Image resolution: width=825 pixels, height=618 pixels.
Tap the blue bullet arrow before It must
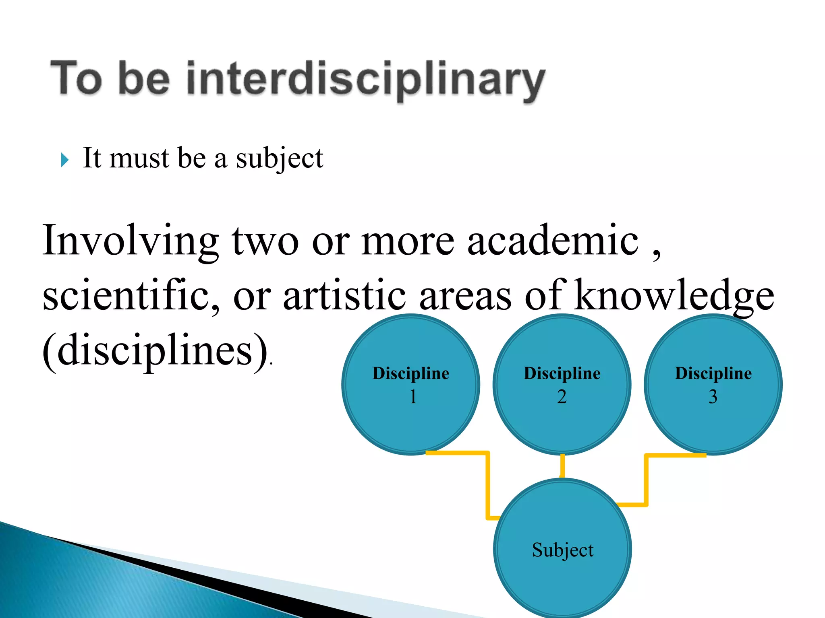(x=64, y=160)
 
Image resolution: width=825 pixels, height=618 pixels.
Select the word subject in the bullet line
(x=280, y=158)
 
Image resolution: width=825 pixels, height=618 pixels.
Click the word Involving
(x=131, y=240)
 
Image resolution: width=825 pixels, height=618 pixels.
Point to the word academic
(x=553, y=240)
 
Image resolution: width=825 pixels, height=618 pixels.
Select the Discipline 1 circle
(x=410, y=418)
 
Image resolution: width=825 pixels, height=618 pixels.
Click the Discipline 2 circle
(x=562, y=418)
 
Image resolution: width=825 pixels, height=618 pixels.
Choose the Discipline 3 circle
(x=713, y=418)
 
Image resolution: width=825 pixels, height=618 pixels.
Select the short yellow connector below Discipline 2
(x=562, y=466)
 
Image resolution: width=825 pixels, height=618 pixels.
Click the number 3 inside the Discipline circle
(x=713, y=397)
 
